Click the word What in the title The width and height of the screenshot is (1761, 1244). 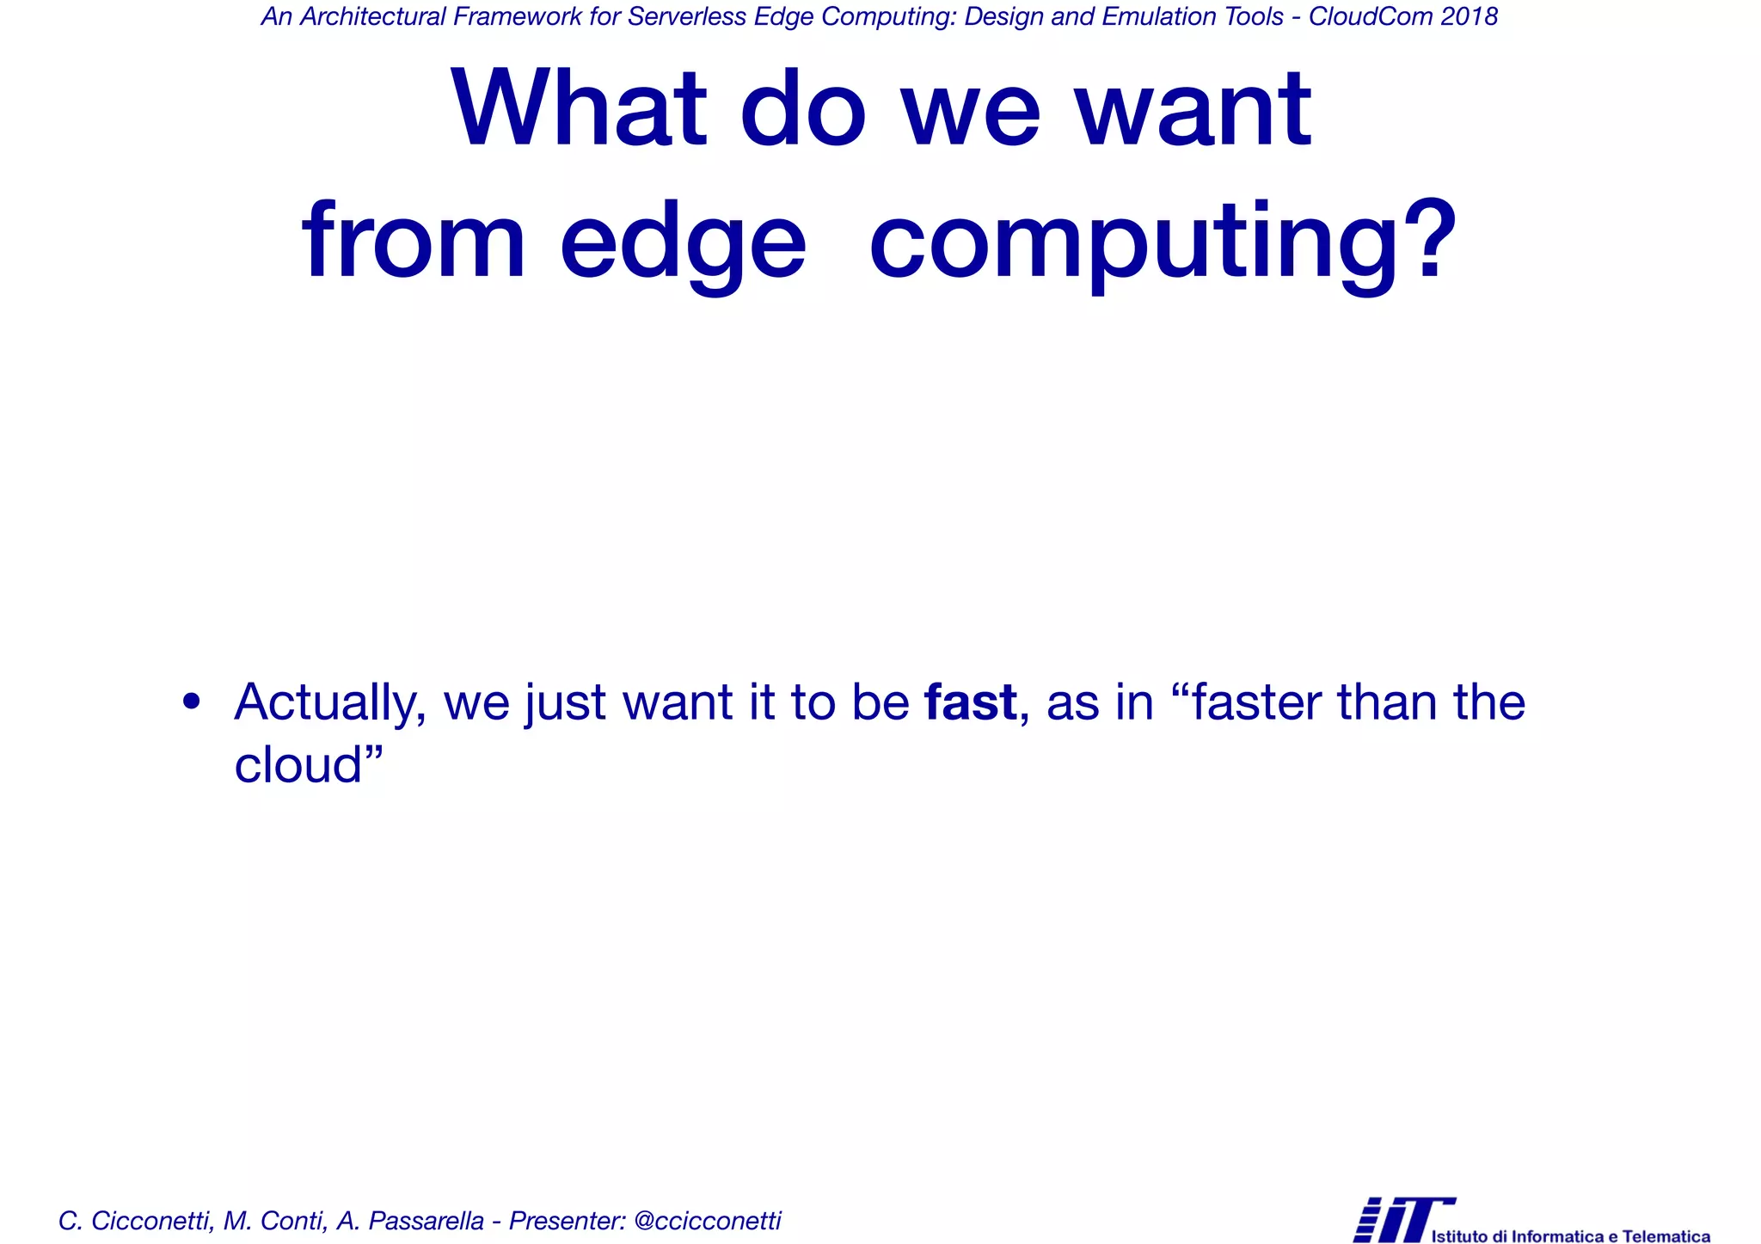[x=579, y=109]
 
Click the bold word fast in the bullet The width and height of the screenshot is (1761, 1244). [x=971, y=702]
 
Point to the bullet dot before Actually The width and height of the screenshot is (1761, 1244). [x=192, y=702]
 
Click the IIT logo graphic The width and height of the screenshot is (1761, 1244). [x=1402, y=1218]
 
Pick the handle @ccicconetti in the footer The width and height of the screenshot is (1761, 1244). [x=707, y=1220]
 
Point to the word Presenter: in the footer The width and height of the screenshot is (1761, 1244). [x=567, y=1220]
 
